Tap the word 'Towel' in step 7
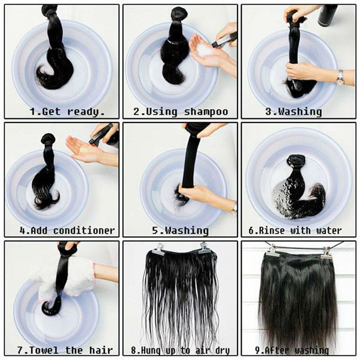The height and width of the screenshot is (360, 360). click(42, 350)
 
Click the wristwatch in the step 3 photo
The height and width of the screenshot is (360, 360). click(340, 77)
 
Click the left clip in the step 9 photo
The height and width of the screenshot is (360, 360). click(273, 251)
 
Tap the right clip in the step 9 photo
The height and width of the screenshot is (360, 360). click(326, 252)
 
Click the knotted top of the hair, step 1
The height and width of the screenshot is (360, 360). click(50, 10)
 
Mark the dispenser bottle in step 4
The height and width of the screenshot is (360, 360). click(105, 135)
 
